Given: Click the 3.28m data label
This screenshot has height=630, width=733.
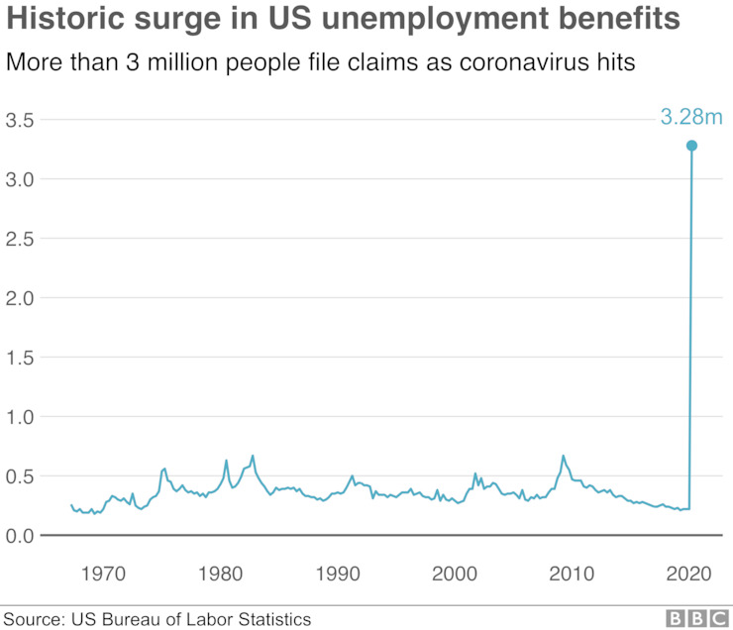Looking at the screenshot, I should [x=692, y=118].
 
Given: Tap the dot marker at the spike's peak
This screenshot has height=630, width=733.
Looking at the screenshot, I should [x=691, y=146].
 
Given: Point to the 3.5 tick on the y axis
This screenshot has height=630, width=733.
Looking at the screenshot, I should [x=21, y=120].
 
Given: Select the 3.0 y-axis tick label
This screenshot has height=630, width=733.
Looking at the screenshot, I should [x=21, y=179].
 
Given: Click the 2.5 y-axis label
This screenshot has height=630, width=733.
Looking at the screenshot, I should [x=21, y=239].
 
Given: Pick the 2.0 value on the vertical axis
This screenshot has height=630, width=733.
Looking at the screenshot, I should [x=21, y=298].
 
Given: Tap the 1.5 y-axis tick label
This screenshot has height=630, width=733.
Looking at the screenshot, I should [x=21, y=358].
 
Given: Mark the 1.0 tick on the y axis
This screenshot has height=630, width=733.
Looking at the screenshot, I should [x=21, y=417].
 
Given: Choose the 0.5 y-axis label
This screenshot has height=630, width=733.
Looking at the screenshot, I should [x=21, y=476].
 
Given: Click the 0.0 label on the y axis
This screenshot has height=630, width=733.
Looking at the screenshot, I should [x=21, y=536].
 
